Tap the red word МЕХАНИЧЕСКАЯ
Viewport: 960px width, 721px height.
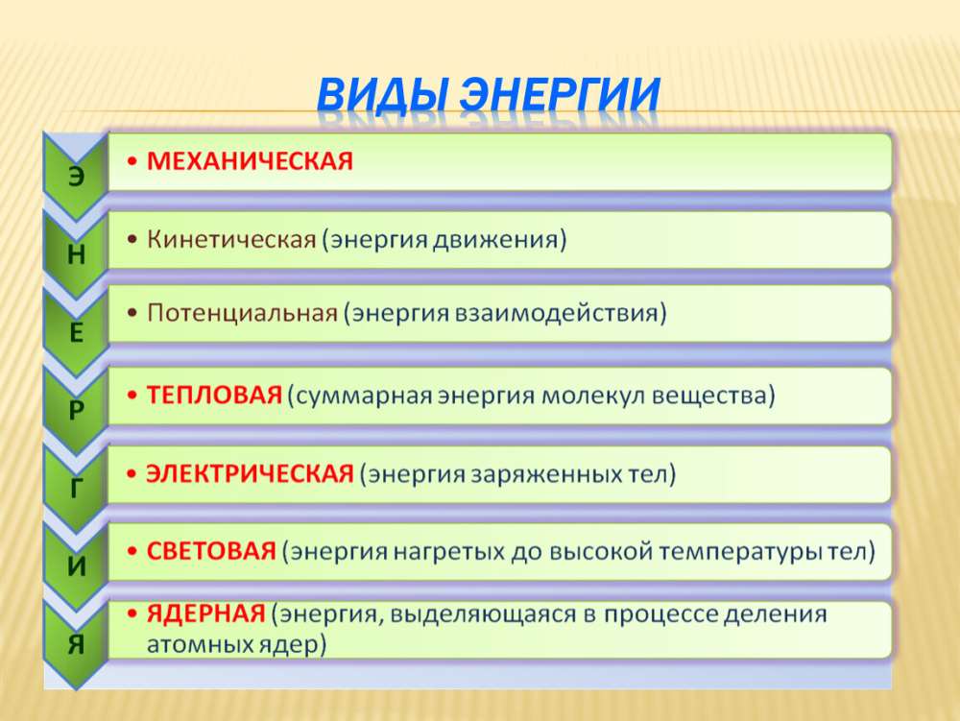(x=250, y=161)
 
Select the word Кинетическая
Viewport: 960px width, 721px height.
(x=231, y=239)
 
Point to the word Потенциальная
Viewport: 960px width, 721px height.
(x=243, y=313)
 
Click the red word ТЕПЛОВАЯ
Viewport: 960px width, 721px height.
(x=214, y=395)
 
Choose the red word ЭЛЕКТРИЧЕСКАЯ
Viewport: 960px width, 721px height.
(x=250, y=473)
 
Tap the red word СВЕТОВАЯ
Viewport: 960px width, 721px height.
(x=211, y=551)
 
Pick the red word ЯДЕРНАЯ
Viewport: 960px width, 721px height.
(x=205, y=613)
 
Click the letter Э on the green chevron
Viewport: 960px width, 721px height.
(x=76, y=177)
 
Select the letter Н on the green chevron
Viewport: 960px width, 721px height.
(x=76, y=254)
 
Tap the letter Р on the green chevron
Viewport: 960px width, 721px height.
(x=76, y=410)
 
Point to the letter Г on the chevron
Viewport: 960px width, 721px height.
(x=76, y=488)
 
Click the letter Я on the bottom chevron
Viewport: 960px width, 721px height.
(x=76, y=644)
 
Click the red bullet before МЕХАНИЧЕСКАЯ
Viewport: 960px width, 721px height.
(x=132, y=161)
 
